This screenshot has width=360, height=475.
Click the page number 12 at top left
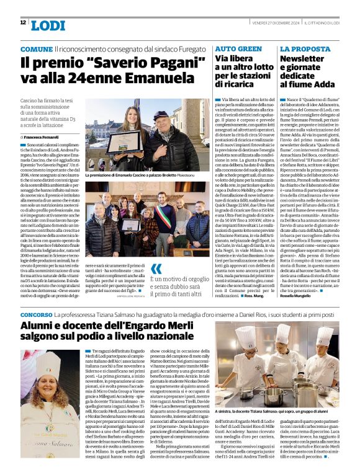click(x=23, y=23)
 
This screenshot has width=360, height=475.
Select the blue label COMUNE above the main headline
click(x=37, y=48)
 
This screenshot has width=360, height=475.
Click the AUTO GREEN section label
click(x=238, y=48)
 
